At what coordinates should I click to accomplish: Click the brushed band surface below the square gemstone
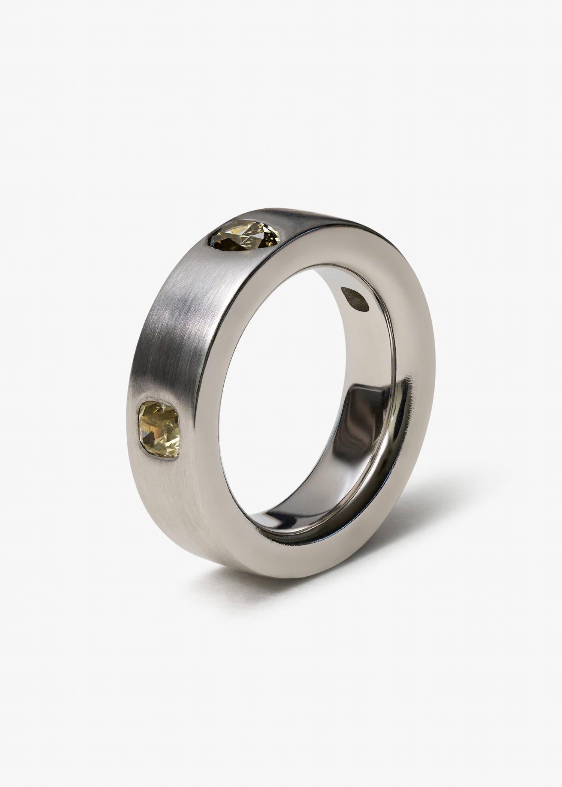coord(176,517)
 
